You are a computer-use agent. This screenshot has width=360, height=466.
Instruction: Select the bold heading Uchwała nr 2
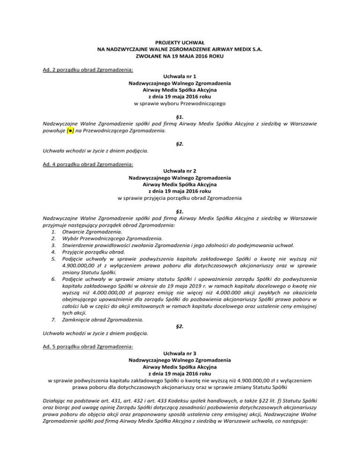coord(180,171)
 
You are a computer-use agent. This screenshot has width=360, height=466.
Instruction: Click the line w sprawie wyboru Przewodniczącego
coord(180,103)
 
